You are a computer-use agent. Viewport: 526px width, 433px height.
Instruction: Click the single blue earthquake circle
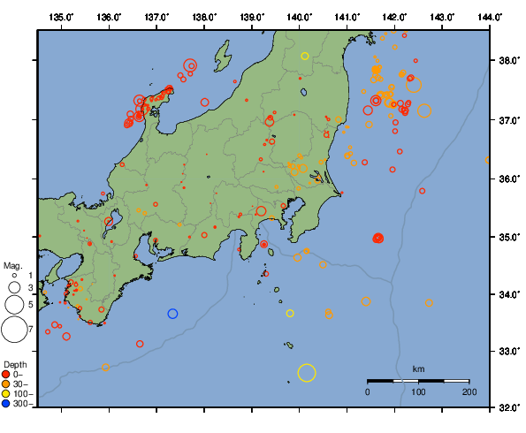[172, 314]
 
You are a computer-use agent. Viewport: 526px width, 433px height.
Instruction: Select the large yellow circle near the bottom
[307, 373]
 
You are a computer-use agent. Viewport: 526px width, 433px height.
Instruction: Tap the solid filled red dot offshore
[378, 239]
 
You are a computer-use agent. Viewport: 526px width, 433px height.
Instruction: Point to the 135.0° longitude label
[62, 17]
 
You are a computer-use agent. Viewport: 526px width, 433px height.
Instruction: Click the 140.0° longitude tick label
[300, 17]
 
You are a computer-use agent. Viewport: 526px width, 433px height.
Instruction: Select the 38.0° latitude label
[507, 61]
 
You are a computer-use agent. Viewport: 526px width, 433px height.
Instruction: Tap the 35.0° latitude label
[507, 237]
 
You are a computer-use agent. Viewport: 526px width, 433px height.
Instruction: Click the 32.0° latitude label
[507, 408]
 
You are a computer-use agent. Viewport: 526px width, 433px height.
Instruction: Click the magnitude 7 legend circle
[13, 330]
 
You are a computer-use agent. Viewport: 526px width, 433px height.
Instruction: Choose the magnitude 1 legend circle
[14, 276]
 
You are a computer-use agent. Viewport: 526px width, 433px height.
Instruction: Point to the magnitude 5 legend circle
[14, 304]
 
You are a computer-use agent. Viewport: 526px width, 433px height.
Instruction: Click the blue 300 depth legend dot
[8, 404]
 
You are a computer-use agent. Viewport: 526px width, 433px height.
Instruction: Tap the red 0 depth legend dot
[8, 375]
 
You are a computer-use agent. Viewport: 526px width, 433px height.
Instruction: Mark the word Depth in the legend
[15, 364]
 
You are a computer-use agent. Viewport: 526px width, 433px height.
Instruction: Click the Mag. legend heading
[12, 265]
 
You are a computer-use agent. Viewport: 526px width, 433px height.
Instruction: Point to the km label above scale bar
[418, 368]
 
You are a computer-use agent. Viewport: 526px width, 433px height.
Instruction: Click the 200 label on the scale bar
[469, 391]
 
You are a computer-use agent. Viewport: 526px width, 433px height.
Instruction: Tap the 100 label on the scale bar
[418, 391]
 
